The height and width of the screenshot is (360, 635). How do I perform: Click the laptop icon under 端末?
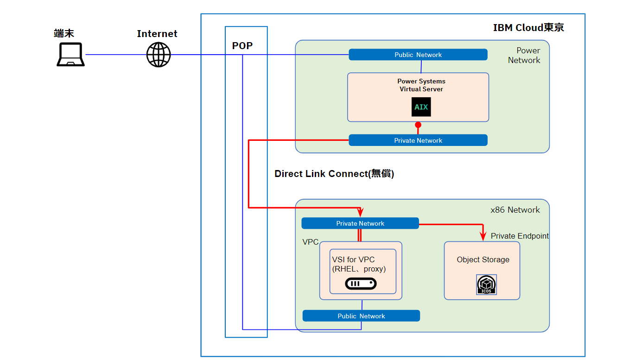tap(70, 55)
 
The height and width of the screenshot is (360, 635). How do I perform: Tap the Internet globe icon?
tap(159, 55)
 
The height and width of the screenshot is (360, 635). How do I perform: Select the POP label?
tap(242, 46)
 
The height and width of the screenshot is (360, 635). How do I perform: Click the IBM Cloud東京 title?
tap(528, 28)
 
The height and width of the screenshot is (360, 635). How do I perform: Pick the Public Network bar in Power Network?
tap(418, 55)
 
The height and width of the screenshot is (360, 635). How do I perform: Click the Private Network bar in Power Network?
tap(418, 140)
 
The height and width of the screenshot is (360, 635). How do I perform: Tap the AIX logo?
tap(421, 107)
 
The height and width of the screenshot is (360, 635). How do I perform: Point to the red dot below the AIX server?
tap(418, 125)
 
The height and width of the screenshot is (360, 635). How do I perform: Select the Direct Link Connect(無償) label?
tap(334, 174)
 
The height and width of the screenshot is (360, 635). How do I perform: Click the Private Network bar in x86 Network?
tap(360, 223)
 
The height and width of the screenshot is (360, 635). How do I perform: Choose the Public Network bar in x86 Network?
tap(361, 316)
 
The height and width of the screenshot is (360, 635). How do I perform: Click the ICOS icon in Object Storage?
tap(487, 284)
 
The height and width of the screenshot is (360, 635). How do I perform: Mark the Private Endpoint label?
tap(520, 236)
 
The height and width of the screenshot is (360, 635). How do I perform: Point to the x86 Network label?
tap(515, 210)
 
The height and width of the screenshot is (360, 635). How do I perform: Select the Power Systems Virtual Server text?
tap(421, 85)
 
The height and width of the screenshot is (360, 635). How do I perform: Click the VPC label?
tap(311, 242)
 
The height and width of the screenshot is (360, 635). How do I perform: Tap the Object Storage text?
tap(483, 260)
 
